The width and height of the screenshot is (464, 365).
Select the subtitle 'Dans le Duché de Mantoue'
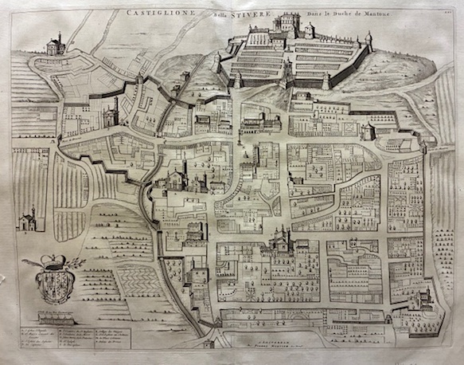click(290, 12)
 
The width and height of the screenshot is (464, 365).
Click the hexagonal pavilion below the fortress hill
click(367, 130)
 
